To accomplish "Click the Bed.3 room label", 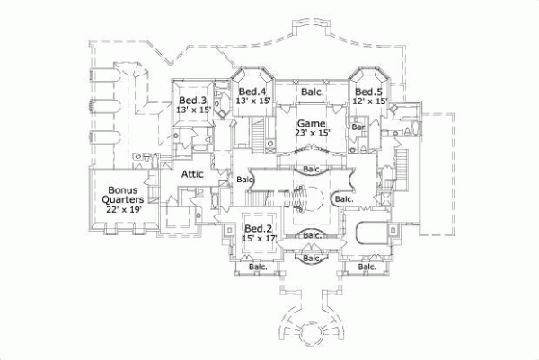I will pos(192,100).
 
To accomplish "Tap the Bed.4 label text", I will pos(251,92).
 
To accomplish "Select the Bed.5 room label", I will pos(367,92).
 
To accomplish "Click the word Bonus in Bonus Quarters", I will pos(123,190).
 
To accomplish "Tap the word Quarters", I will pos(123,199).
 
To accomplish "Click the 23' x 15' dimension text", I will pos(313,133).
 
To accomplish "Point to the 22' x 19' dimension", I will pos(123,209).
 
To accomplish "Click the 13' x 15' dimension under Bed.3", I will pos(192,110).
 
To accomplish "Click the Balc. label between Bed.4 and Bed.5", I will pos(312,92).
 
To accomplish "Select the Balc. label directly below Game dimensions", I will pos(313,168).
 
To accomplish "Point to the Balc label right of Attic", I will pos(245,179).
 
